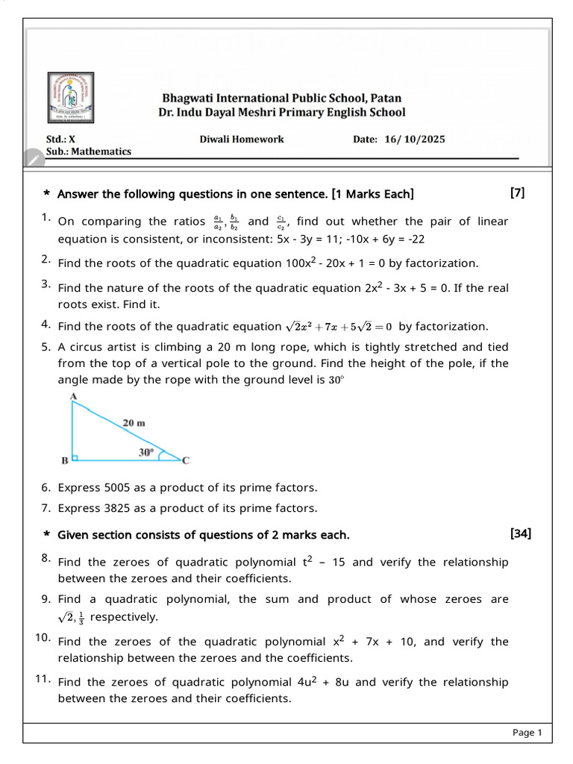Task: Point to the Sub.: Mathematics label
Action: click(x=89, y=151)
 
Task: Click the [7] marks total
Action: click(x=517, y=193)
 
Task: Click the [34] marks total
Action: click(x=520, y=533)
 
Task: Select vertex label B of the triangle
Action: click(x=65, y=461)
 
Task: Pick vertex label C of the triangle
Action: click(x=186, y=461)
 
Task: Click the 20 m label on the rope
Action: click(x=134, y=423)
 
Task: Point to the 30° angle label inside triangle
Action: click(x=145, y=452)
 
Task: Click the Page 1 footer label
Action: click(x=527, y=733)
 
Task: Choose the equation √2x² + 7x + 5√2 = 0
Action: click(x=339, y=326)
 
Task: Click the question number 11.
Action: click(x=42, y=679)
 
